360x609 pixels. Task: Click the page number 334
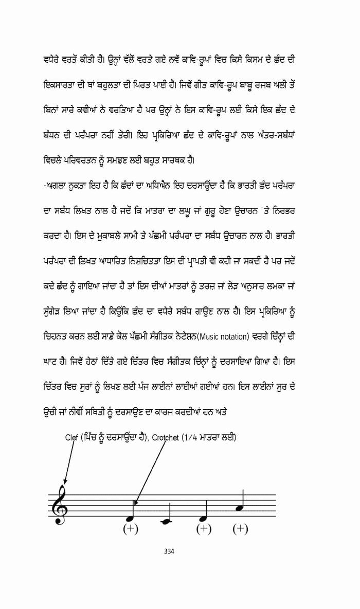click(169, 551)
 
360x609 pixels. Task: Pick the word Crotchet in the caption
click(166, 438)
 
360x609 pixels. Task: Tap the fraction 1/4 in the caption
click(192, 438)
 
